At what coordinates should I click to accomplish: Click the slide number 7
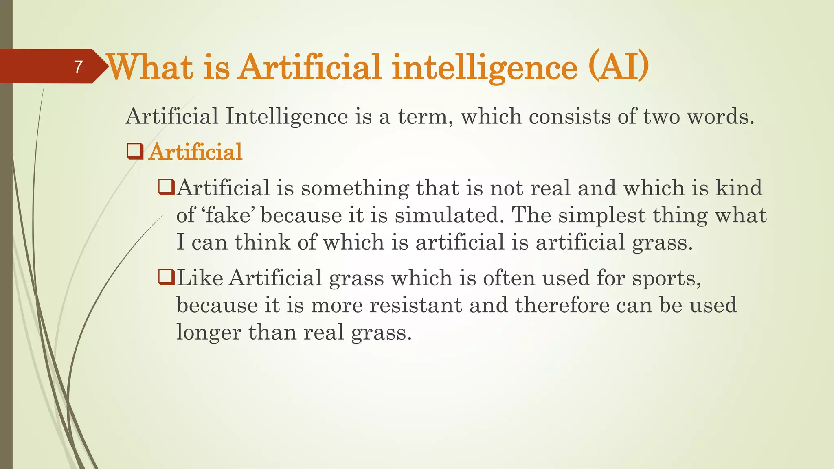(79, 67)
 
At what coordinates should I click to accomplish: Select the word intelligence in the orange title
(485, 68)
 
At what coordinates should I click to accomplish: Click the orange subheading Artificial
(195, 152)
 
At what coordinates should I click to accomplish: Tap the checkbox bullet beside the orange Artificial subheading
(135, 151)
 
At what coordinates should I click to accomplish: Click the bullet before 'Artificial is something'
(166, 188)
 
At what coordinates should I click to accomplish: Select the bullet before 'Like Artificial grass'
(166, 278)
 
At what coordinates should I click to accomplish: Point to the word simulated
(446, 215)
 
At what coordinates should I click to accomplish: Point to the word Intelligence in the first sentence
(287, 117)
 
